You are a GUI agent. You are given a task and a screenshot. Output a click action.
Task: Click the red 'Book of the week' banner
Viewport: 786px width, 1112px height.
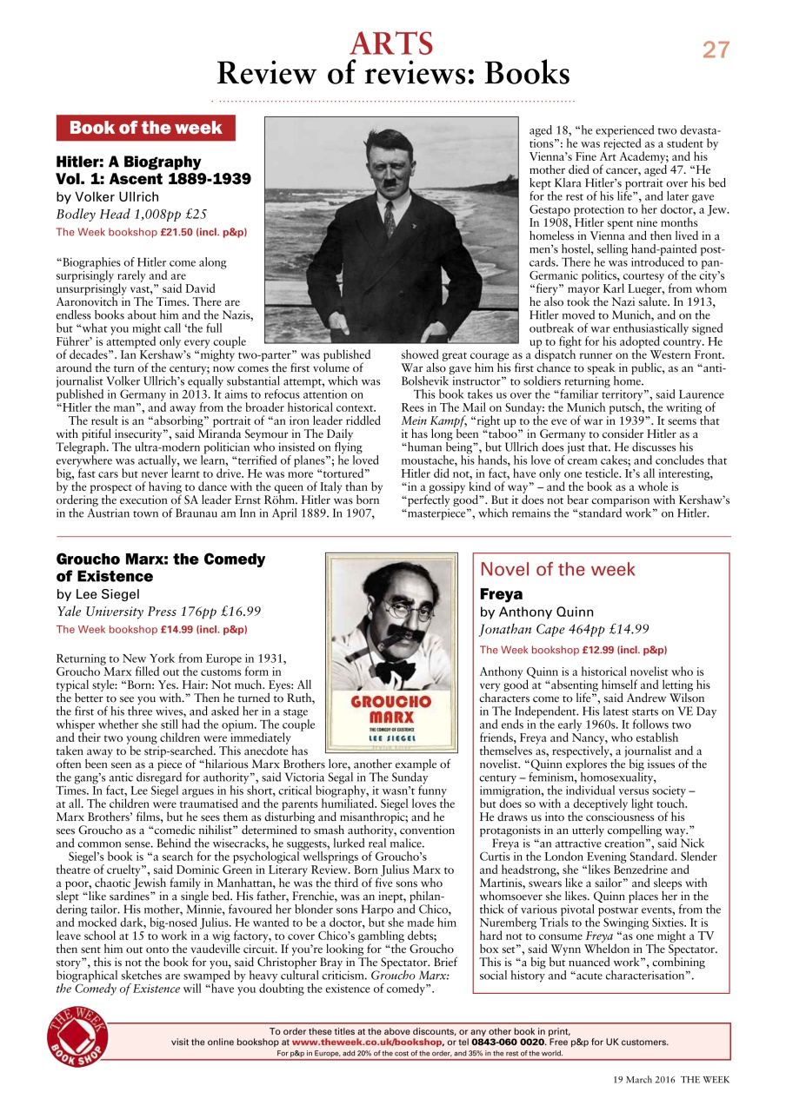click(145, 129)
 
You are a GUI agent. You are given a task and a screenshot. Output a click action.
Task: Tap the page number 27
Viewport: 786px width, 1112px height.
click(716, 50)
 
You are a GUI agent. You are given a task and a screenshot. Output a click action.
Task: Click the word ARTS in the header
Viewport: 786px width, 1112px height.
click(392, 43)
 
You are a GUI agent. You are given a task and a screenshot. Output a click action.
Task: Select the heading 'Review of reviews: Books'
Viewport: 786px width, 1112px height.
click(392, 74)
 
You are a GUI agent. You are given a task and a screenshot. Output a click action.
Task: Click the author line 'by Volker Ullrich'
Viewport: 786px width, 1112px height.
click(108, 197)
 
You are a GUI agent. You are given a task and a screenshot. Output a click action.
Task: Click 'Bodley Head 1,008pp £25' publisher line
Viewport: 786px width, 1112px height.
click(131, 215)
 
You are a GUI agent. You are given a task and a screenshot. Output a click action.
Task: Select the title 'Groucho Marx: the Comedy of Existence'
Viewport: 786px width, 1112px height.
click(160, 568)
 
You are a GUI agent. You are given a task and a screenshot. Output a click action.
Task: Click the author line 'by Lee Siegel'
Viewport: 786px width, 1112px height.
click(98, 595)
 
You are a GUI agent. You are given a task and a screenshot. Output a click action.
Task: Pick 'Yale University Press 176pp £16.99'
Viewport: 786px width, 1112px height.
click(158, 612)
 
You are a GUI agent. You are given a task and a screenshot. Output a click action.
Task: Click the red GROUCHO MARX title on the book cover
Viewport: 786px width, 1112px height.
click(390, 709)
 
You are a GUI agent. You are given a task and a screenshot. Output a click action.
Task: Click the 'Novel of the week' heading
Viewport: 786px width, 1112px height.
click(557, 570)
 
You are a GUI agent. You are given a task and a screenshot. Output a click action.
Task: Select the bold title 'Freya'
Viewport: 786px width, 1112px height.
click(501, 595)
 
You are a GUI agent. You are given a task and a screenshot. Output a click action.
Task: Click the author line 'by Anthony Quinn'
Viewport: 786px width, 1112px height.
click(534, 612)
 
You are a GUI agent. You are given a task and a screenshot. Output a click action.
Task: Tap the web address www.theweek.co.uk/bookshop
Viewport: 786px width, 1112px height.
click(367, 1042)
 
